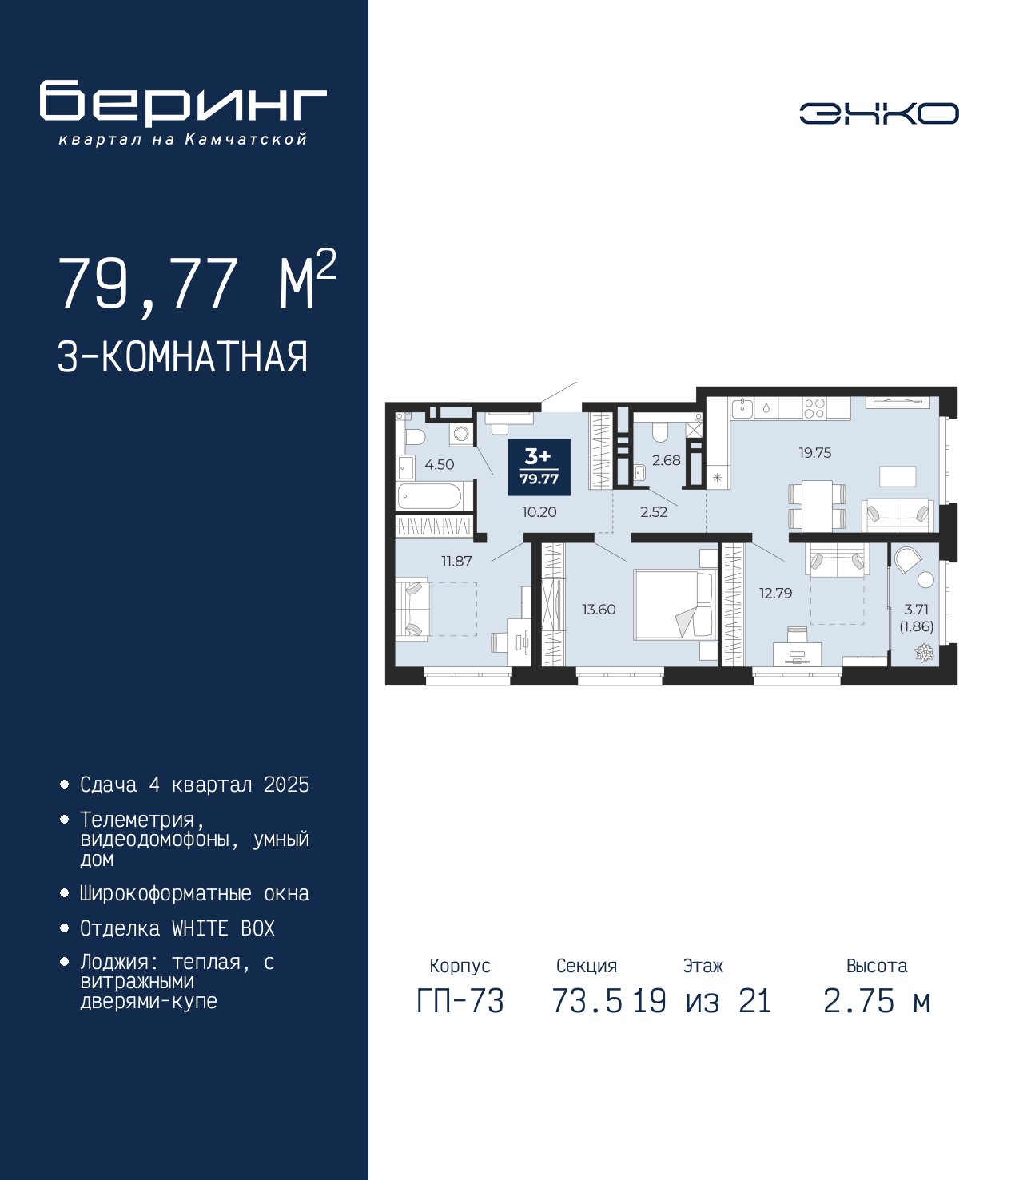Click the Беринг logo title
coord(183,103)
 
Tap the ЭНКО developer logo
coord(878,113)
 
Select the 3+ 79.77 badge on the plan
coord(539,467)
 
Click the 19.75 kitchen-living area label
coord(814,453)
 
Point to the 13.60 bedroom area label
coord(599,609)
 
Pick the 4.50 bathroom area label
coord(440,464)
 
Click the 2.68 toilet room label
coord(666,460)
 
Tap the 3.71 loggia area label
coord(916,609)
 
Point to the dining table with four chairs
coord(816,505)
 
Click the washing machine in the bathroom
coord(461,434)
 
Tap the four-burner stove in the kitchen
coord(814,407)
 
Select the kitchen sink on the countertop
coord(742,407)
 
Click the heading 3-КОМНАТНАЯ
coord(182,357)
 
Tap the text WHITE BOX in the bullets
coord(223,928)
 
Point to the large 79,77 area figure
coord(148,284)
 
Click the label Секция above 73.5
coord(587,965)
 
